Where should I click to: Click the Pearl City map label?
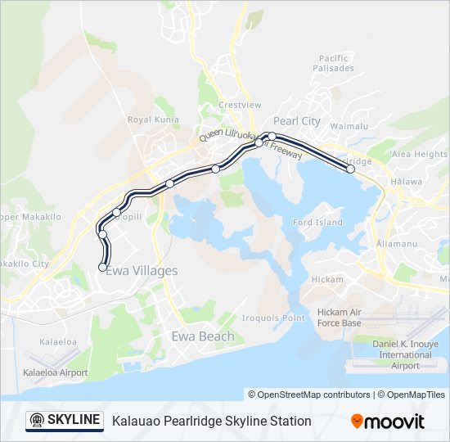297,121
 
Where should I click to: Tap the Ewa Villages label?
142,271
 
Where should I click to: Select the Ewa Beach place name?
202,336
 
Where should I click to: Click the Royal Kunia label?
147,120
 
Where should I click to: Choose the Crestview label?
240,106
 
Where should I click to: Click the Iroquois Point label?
273,318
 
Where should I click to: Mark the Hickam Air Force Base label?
340,318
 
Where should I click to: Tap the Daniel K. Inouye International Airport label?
406,354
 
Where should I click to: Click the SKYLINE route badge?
65,421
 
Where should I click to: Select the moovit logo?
388,422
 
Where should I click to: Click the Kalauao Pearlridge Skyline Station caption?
212,421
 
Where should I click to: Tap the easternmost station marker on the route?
351,169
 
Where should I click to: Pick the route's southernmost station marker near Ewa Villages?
102,267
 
